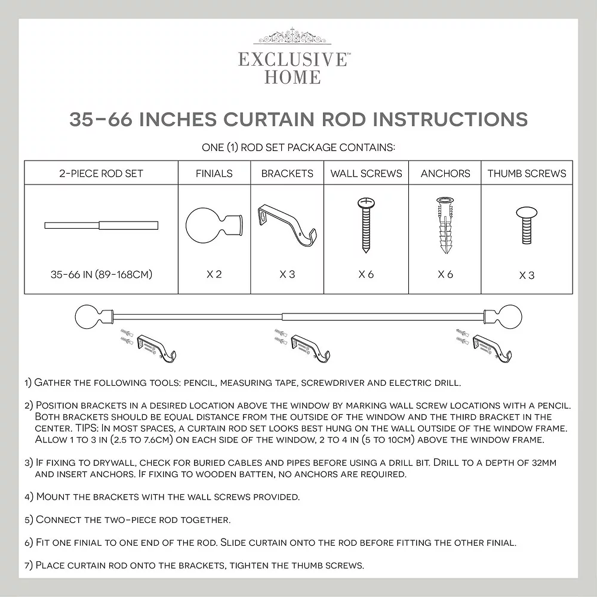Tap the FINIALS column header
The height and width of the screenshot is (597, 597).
point(214,174)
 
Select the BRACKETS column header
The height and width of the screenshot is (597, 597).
point(287,174)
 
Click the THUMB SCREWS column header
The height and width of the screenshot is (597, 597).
point(527,174)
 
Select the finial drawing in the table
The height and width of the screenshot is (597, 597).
point(214,226)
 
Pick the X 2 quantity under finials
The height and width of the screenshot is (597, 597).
point(214,274)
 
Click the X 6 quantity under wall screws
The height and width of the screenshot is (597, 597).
point(367,274)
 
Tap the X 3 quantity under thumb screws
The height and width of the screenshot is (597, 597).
point(527,275)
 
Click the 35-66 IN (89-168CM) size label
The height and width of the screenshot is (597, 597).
point(101,274)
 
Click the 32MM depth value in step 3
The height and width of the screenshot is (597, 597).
point(541,463)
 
